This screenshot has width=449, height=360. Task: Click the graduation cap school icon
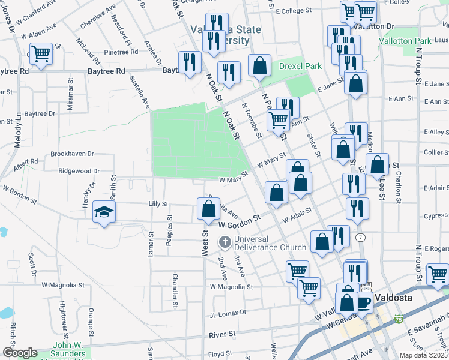point(104,213)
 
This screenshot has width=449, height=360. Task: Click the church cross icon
point(225,242)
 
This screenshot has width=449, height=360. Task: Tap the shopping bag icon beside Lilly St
point(208,209)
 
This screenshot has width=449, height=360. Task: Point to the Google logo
point(19,353)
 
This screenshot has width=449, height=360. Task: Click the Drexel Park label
point(300,66)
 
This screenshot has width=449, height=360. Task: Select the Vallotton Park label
point(405,40)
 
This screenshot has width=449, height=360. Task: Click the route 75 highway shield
point(399,319)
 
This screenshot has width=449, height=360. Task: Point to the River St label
point(221,334)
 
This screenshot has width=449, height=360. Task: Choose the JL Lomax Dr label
point(228,313)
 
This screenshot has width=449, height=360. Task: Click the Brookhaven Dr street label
point(73,154)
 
